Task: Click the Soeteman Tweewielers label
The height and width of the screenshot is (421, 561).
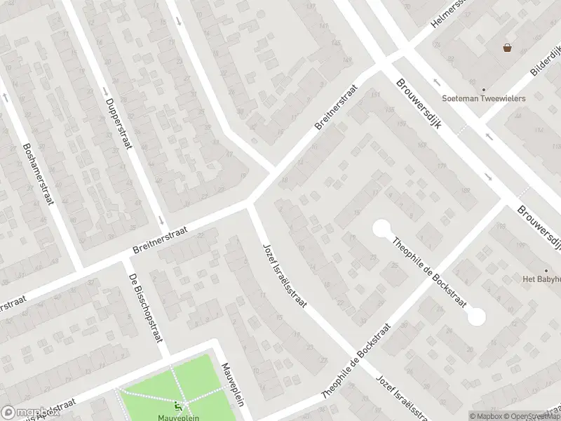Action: pyautogui.click(x=493, y=99)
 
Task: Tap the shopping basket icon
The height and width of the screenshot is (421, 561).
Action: pyautogui.click(x=506, y=48)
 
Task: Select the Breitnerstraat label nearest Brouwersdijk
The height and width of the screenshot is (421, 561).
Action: pyautogui.click(x=337, y=107)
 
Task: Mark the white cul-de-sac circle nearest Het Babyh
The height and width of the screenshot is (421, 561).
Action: pyautogui.click(x=476, y=316)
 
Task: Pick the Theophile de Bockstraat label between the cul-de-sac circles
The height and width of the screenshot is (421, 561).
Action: pyautogui.click(x=429, y=272)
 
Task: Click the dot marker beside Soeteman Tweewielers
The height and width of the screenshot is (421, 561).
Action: pyautogui.click(x=483, y=90)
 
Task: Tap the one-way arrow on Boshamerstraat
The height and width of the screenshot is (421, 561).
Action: pyautogui.click(x=6, y=97)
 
